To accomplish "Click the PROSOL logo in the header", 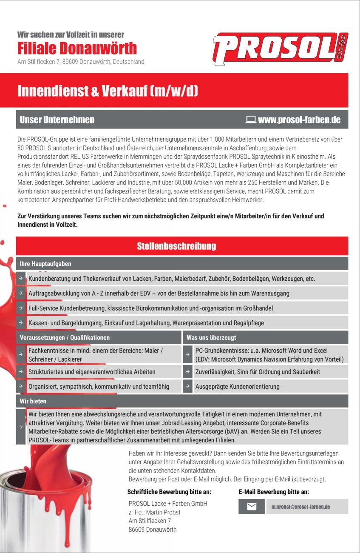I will pos(280,47).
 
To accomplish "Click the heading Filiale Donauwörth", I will pos(77,48).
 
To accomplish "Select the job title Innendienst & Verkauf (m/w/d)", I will pos(108,91).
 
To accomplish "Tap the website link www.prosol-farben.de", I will pos(299,120).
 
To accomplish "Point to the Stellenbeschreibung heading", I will pos(176,246).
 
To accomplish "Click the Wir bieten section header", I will pos(33,401).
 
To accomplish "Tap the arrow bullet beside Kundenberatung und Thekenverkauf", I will pos(20,279).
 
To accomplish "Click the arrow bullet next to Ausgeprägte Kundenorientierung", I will pos(187,387).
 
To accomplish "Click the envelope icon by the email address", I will pos(251,507).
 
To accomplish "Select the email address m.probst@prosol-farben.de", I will pos(301,507).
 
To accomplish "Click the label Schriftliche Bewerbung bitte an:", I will pos(169,492).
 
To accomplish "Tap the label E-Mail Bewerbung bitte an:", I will pos(274,492).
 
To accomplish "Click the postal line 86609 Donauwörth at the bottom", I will pos(152,530).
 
